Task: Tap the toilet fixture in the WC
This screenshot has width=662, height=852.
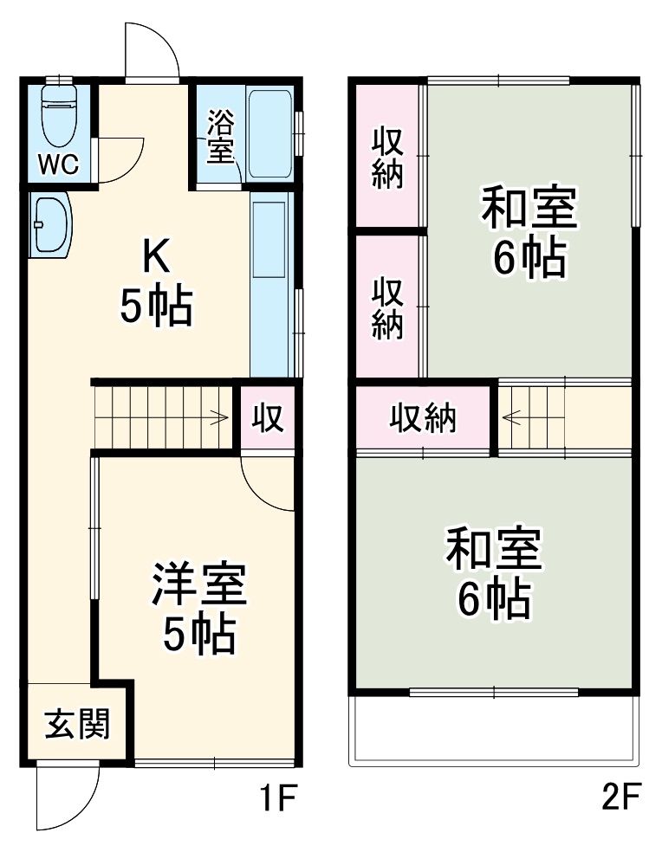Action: [60, 117]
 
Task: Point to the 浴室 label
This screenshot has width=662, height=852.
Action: [220, 136]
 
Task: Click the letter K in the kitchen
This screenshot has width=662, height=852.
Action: [156, 255]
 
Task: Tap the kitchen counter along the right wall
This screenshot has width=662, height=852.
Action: [271, 286]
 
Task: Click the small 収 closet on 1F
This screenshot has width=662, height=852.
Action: [268, 419]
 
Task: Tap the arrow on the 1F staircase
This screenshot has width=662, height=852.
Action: [221, 417]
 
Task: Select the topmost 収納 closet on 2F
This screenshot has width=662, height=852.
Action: [388, 157]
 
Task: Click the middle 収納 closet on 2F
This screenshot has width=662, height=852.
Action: [388, 307]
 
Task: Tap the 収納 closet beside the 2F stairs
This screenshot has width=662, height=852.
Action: [422, 419]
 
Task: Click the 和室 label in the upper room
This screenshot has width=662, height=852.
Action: [529, 209]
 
